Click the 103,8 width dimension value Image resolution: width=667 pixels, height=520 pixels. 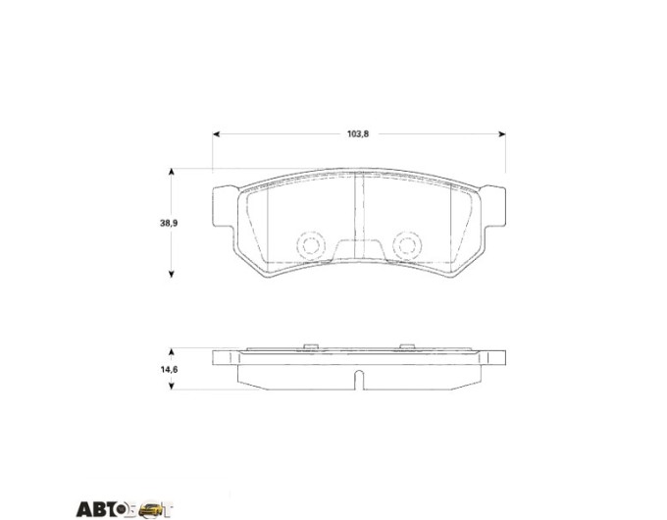pos(358,134)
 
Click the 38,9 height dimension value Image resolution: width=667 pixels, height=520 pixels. pos(169,223)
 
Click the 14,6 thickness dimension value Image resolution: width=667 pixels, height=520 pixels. pos(169,369)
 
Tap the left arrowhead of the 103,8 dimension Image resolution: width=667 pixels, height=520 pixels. pos(216,134)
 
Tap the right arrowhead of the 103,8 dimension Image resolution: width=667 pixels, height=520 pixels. pos(502,134)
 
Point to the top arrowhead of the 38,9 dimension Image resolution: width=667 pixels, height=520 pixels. pos(172,172)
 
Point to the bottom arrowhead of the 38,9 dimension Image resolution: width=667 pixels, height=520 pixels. pos(172,274)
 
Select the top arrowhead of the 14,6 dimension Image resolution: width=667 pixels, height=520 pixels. pos(172,352)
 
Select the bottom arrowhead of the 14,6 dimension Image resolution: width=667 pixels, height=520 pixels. pos(172,386)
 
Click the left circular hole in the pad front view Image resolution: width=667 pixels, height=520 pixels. pos(311,244)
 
